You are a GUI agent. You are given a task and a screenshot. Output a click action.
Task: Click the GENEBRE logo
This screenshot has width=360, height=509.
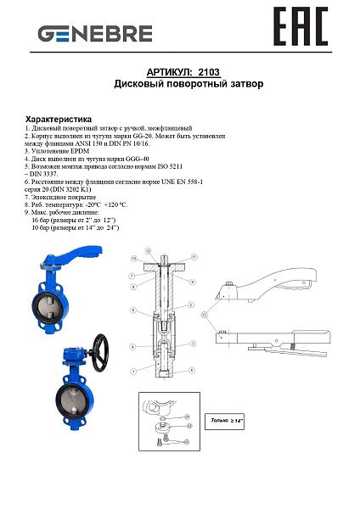94,34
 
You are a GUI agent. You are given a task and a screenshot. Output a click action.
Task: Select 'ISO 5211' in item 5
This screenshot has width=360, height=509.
188,166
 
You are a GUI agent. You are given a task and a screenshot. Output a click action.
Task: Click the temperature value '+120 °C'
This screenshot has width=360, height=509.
114,204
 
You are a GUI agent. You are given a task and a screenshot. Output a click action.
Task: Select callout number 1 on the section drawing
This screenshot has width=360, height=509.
132,372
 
